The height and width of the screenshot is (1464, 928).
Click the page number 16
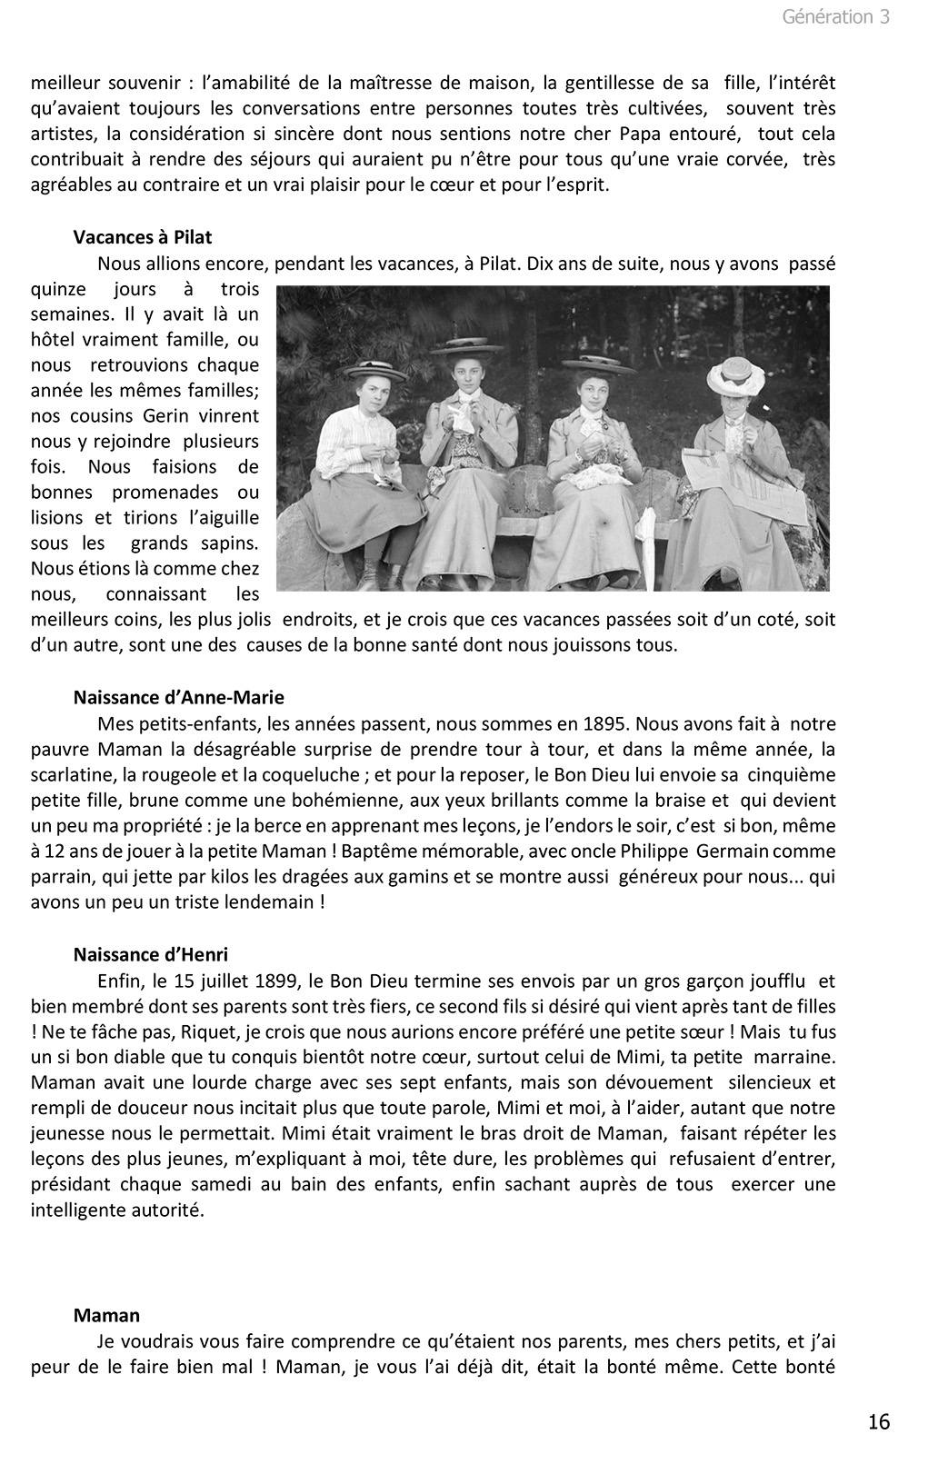tap(879, 1422)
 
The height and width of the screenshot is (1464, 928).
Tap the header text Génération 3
tap(835, 16)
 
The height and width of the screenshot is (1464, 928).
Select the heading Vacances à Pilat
tap(143, 237)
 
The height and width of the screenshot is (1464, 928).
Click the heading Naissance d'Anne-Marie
tap(179, 698)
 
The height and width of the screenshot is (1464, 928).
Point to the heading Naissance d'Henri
tap(151, 954)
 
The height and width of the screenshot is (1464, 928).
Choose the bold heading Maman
tap(107, 1315)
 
